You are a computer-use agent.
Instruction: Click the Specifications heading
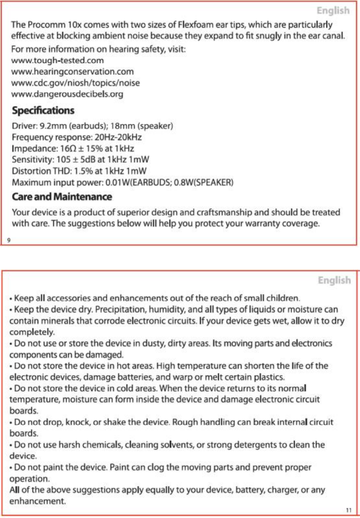pyautogui.click(x=43, y=110)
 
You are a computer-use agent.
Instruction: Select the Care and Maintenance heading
pyautogui.click(x=62, y=197)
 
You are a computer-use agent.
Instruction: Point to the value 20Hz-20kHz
pyautogui.click(x=118, y=137)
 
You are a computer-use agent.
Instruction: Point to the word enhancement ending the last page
pyautogui.click(x=38, y=502)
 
